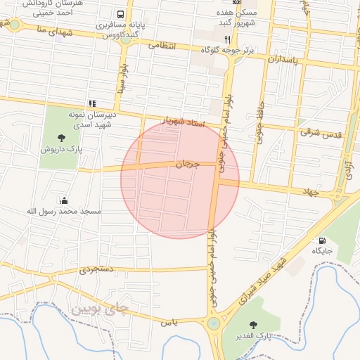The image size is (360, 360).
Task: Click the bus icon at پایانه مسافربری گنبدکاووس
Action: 121,14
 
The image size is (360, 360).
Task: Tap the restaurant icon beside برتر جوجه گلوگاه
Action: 227,39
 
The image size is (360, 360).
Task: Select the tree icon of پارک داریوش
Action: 60,137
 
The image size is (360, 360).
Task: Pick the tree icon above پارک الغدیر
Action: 253,325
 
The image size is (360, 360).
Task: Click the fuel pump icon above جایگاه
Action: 322,240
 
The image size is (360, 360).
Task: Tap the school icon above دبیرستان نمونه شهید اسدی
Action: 92,103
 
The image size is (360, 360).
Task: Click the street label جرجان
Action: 188,164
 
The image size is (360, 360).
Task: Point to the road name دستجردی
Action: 95,269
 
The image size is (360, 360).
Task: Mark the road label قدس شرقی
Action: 321,131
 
